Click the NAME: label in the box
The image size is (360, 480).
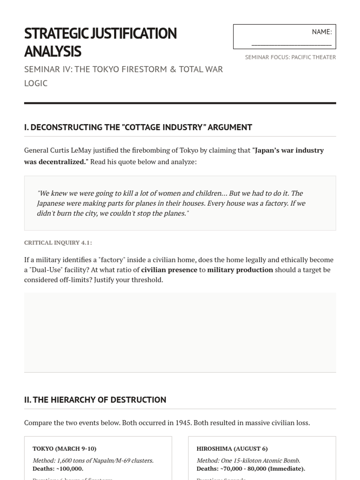[322, 32]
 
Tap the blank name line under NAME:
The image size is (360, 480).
[291, 44]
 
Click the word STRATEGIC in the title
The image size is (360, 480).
[57, 33]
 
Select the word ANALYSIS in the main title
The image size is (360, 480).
[53, 51]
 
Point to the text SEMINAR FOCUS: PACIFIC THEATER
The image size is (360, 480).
[290, 57]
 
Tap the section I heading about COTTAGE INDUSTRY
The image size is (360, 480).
[138, 127]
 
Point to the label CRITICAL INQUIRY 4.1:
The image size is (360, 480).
[58, 242]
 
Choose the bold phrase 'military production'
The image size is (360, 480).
[240, 270]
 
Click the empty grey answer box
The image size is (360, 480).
[180, 332]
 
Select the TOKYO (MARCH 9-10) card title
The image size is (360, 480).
[64, 448]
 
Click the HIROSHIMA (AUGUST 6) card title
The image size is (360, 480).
[232, 448]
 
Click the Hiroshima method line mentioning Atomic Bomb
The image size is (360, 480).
[248, 460]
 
